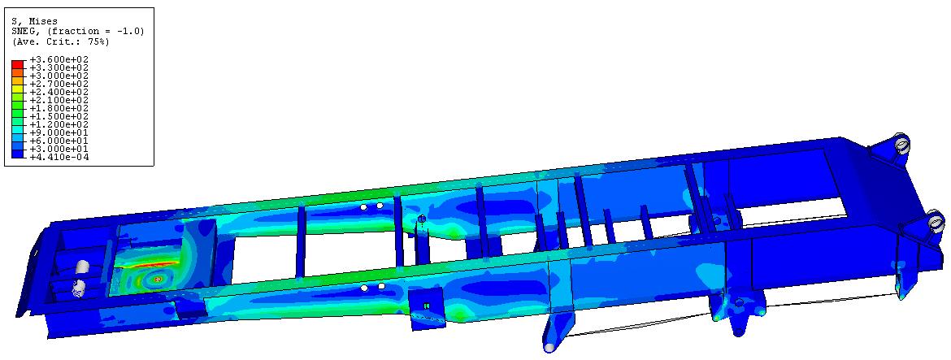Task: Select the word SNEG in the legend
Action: coord(23,30)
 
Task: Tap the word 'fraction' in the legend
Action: coord(68,31)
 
